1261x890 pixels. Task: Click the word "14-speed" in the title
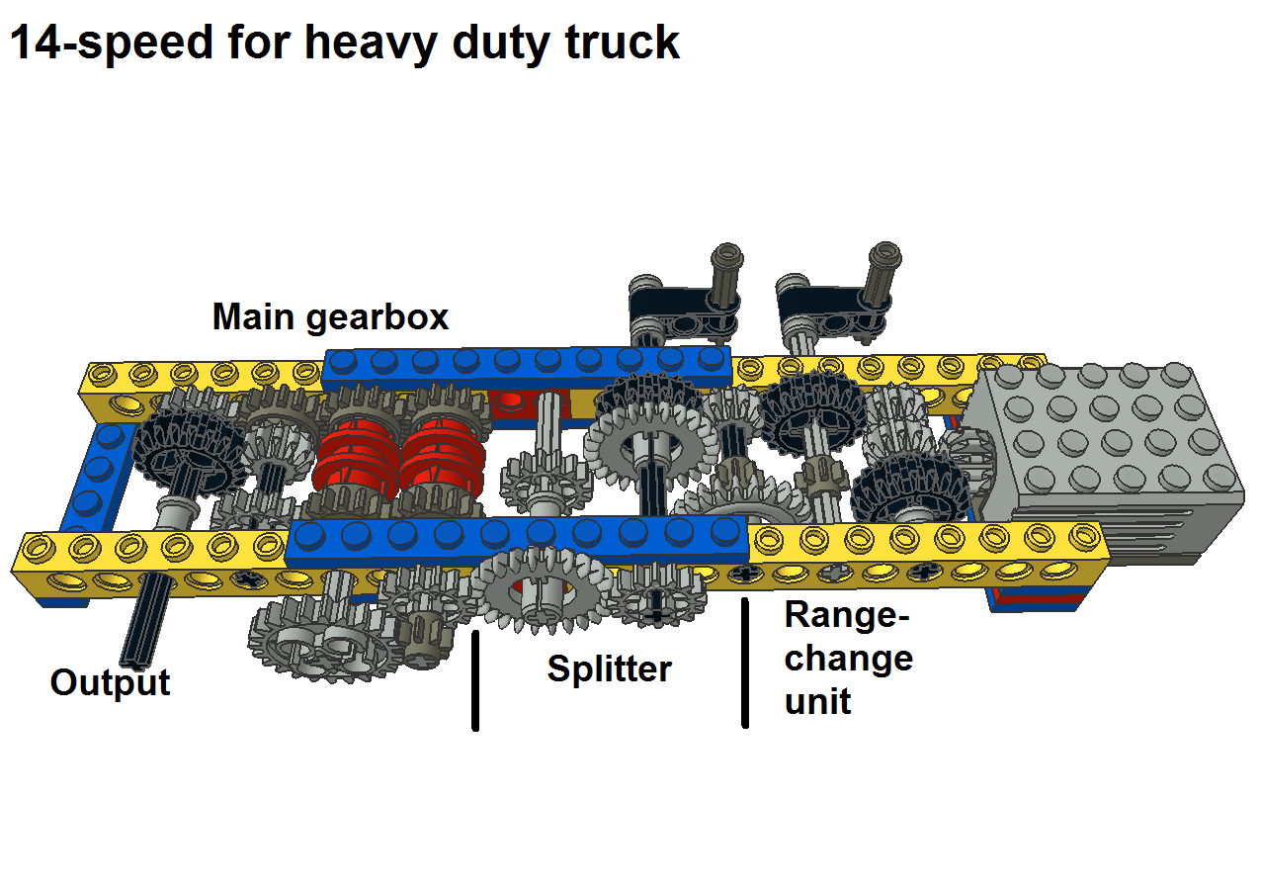pos(111,44)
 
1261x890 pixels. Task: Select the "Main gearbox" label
pos(330,317)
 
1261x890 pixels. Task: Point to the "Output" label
pos(110,682)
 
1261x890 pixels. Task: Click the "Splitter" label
pos(610,668)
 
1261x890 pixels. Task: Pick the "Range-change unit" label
pos(848,658)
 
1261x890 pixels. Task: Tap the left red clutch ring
pos(355,459)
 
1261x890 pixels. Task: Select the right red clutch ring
pos(442,459)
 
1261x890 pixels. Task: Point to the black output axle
pos(146,620)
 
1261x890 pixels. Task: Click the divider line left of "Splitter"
pos(475,680)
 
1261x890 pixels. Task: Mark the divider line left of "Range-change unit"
pos(745,663)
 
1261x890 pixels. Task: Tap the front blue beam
pos(517,539)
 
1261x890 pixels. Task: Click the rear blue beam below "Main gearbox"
pos(528,366)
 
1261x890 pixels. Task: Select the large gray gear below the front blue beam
pos(542,588)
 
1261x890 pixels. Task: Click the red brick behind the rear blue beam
pos(528,403)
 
